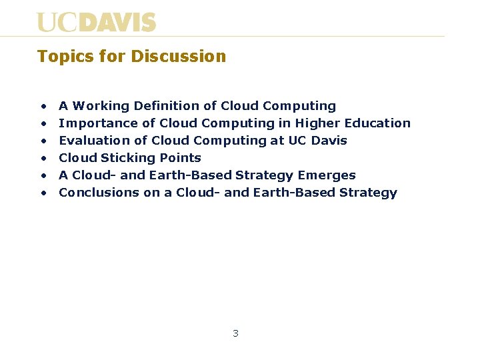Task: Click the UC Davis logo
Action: pos(96,22)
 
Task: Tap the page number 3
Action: pos(235,333)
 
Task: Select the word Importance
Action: pos(91,123)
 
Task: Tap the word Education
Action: pos(377,123)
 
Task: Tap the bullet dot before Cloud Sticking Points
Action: pos(43,159)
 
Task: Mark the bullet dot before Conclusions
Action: pos(43,193)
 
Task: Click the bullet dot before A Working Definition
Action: pos(43,107)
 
